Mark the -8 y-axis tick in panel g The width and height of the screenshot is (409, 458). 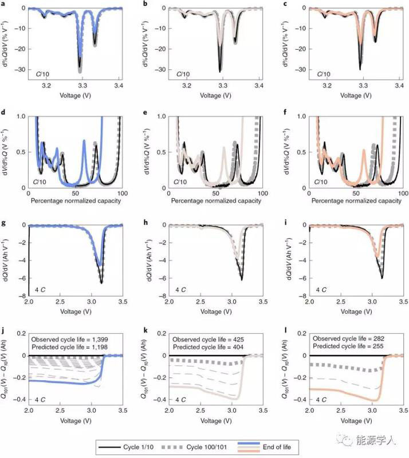pos(23,295)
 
